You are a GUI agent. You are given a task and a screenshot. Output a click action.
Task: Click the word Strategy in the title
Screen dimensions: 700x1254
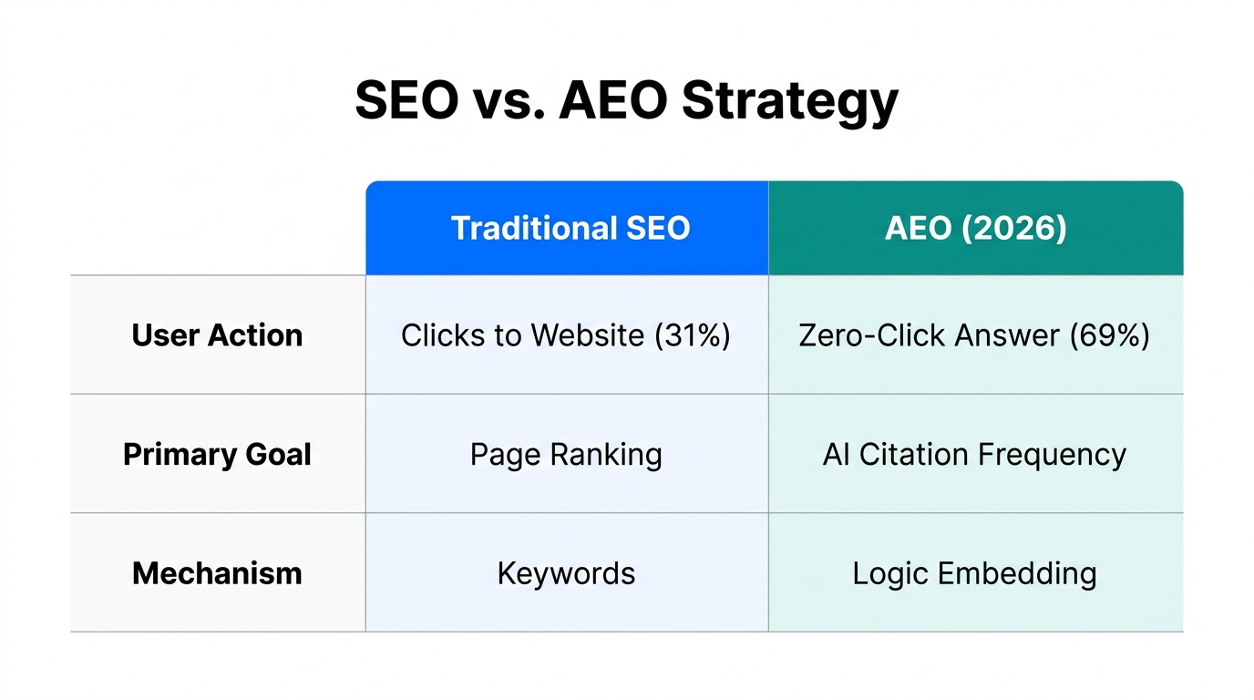click(x=789, y=101)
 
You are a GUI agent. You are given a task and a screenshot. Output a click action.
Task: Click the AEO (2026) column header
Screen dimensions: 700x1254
click(x=975, y=228)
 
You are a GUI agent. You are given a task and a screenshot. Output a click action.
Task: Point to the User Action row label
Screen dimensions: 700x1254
click(x=217, y=335)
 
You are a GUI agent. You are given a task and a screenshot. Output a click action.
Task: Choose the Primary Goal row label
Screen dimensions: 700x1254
click(x=217, y=454)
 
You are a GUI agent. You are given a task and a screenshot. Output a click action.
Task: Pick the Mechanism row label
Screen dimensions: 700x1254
click(x=217, y=573)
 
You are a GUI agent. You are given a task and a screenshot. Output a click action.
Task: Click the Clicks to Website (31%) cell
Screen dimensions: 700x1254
click(x=566, y=335)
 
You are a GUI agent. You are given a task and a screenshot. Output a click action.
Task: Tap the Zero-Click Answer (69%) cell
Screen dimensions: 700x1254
click(x=974, y=335)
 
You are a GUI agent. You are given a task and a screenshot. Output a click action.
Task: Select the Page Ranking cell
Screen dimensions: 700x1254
click(x=566, y=454)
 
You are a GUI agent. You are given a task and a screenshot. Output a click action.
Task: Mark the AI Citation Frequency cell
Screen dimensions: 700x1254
click(x=974, y=454)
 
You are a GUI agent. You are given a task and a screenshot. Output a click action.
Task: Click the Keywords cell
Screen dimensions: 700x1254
click(x=566, y=573)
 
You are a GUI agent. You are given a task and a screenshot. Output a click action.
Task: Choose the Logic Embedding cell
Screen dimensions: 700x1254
click(x=974, y=573)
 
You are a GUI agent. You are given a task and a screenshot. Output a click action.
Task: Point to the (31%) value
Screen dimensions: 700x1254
click(x=693, y=335)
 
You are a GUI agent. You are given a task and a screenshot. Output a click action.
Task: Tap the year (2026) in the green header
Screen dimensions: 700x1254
click(x=1015, y=228)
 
